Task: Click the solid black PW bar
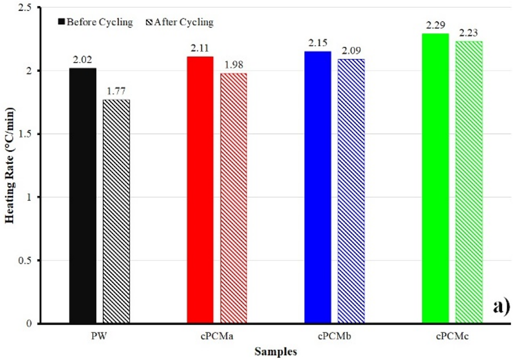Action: pyautogui.click(x=83, y=195)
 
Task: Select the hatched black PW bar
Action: pyautogui.click(x=116, y=211)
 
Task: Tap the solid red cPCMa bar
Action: pyautogui.click(x=200, y=190)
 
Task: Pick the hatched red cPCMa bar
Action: pyautogui.click(x=233, y=198)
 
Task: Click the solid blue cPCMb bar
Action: pyautogui.click(x=318, y=187)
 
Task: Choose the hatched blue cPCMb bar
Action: pyautogui.click(x=351, y=191)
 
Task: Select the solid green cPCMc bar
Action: pyautogui.click(x=435, y=178)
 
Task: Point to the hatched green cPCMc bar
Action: pyautogui.click(x=469, y=182)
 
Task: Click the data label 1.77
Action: pyautogui.click(x=116, y=91)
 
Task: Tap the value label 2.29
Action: pyautogui.click(x=435, y=25)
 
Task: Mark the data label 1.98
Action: pyautogui.click(x=233, y=65)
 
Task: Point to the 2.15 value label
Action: pyautogui.click(x=318, y=43)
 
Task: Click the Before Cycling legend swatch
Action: pyautogui.click(x=61, y=22)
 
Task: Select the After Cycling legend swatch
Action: pyautogui.click(x=148, y=22)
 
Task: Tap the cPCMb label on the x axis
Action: pyautogui.click(x=335, y=337)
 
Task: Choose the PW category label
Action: pyautogui.click(x=99, y=337)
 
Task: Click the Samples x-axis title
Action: pyautogui.click(x=276, y=352)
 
